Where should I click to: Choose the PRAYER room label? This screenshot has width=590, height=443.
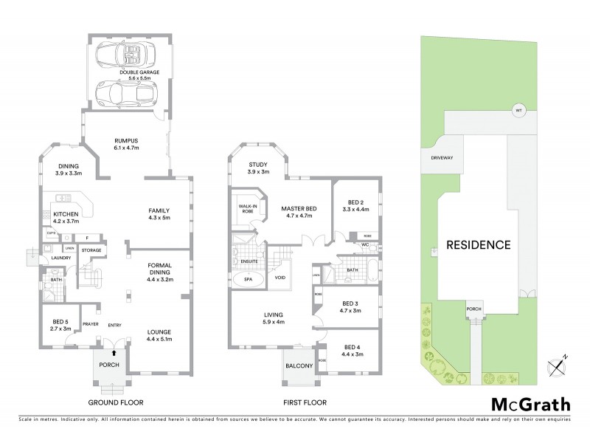pos(91,324)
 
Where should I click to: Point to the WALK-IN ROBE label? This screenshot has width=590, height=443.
pos(244,208)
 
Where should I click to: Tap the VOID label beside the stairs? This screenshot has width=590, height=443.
pos(280,278)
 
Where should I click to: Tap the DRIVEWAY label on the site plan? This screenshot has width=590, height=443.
pos(436,158)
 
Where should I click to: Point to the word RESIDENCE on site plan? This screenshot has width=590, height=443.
pos(477,244)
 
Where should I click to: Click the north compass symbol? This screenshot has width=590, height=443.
pos(555,367)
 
